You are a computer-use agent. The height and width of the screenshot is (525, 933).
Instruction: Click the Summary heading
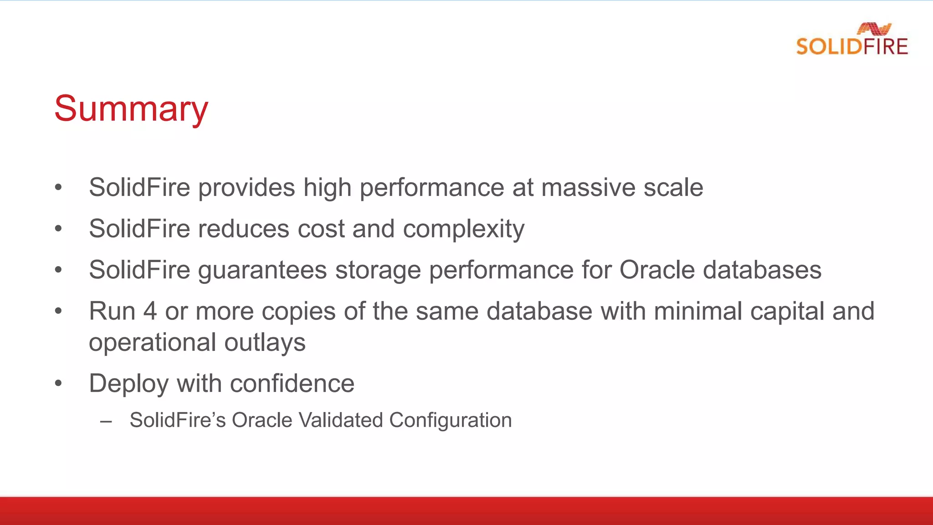pos(131,109)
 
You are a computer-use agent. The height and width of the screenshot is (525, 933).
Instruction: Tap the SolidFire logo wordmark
pos(852,47)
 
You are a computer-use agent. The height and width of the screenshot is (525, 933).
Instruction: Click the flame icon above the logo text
pos(874,29)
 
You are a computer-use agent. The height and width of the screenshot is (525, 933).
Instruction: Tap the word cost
pos(321,228)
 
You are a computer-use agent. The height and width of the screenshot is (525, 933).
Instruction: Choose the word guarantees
pos(262,270)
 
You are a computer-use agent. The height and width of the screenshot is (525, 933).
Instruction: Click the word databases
pos(762,269)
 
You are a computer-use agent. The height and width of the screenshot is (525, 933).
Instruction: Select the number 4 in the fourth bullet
pos(150,311)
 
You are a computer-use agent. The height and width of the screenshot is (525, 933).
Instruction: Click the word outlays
pos(265,343)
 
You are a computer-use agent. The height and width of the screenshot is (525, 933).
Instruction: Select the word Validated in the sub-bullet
pos(340,420)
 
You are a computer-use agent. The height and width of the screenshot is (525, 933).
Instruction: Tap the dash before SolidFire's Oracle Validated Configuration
pos(106,421)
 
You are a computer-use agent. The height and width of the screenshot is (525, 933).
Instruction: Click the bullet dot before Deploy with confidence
pos(58,383)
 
